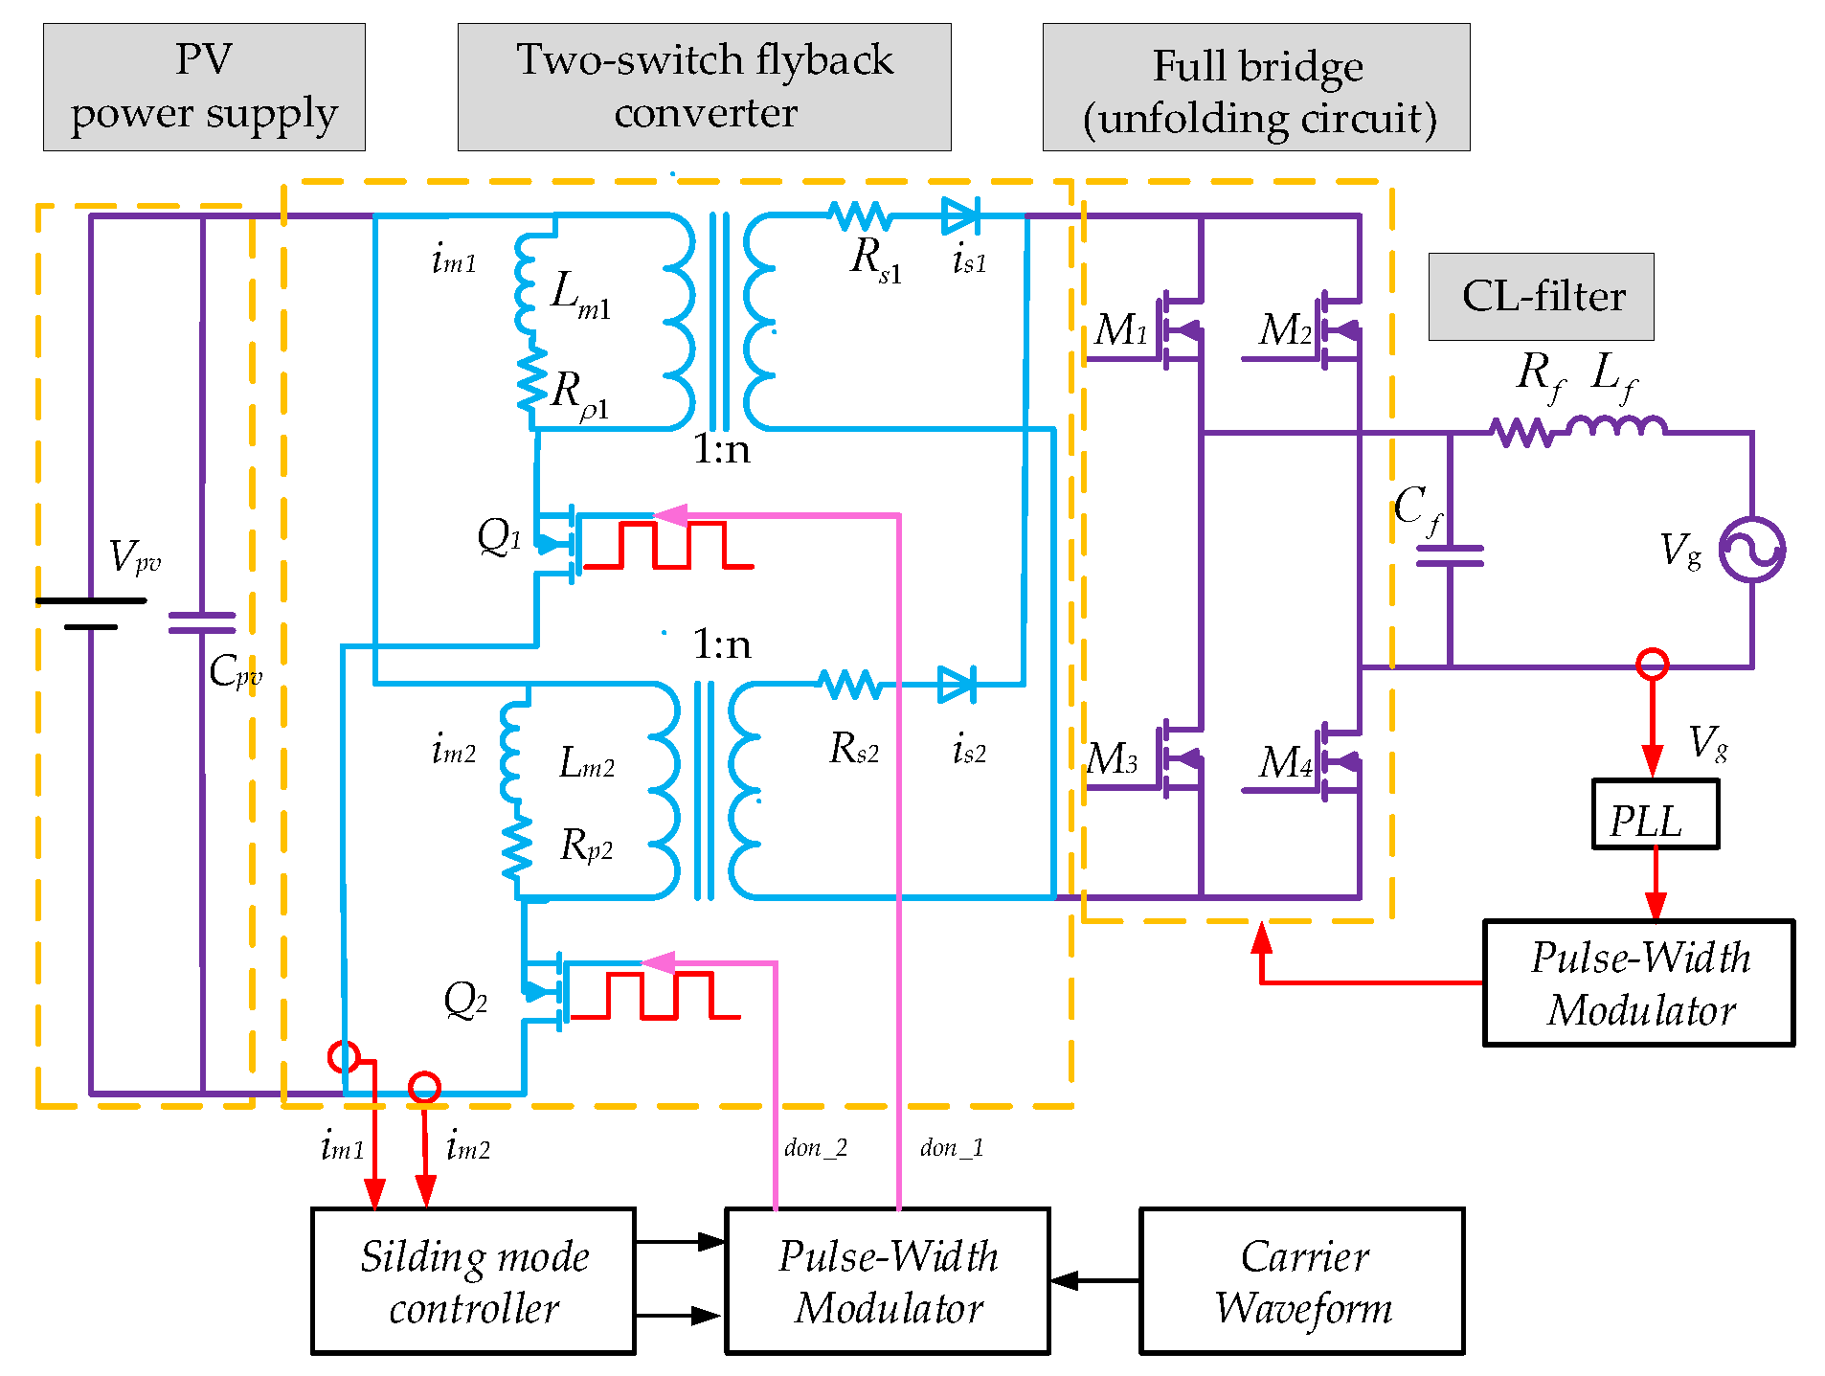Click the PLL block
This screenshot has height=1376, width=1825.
pyautogui.click(x=1655, y=814)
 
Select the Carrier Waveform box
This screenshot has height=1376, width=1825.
pyautogui.click(x=1301, y=1280)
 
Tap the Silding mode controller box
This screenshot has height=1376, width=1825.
pyautogui.click(x=473, y=1280)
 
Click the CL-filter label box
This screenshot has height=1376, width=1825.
pyautogui.click(x=1541, y=296)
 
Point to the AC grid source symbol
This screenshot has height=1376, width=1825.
pyautogui.click(x=1751, y=550)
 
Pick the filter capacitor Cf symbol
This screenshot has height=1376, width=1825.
pyautogui.click(x=1450, y=555)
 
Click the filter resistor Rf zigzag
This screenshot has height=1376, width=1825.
pyautogui.click(x=1521, y=432)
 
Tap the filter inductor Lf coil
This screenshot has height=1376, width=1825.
pyautogui.click(x=1616, y=426)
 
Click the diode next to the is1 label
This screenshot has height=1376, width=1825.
pyautogui.click(x=960, y=216)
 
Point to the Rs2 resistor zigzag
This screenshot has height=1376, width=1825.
pyautogui.click(x=850, y=685)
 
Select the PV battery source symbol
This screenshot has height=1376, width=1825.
pyautogui.click(x=91, y=613)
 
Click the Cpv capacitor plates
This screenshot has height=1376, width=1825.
pyautogui.click(x=202, y=623)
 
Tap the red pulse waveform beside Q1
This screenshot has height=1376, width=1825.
pyautogui.click(x=668, y=546)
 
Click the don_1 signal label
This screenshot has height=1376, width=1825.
pyautogui.click(x=951, y=1147)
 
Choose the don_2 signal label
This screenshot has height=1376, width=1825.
pyautogui.click(x=815, y=1147)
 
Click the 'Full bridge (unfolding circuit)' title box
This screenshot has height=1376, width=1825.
pyautogui.click(x=1255, y=87)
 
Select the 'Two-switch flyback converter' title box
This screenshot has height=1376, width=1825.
pyautogui.click(x=704, y=87)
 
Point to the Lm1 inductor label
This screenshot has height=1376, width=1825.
pyautogui.click(x=580, y=292)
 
